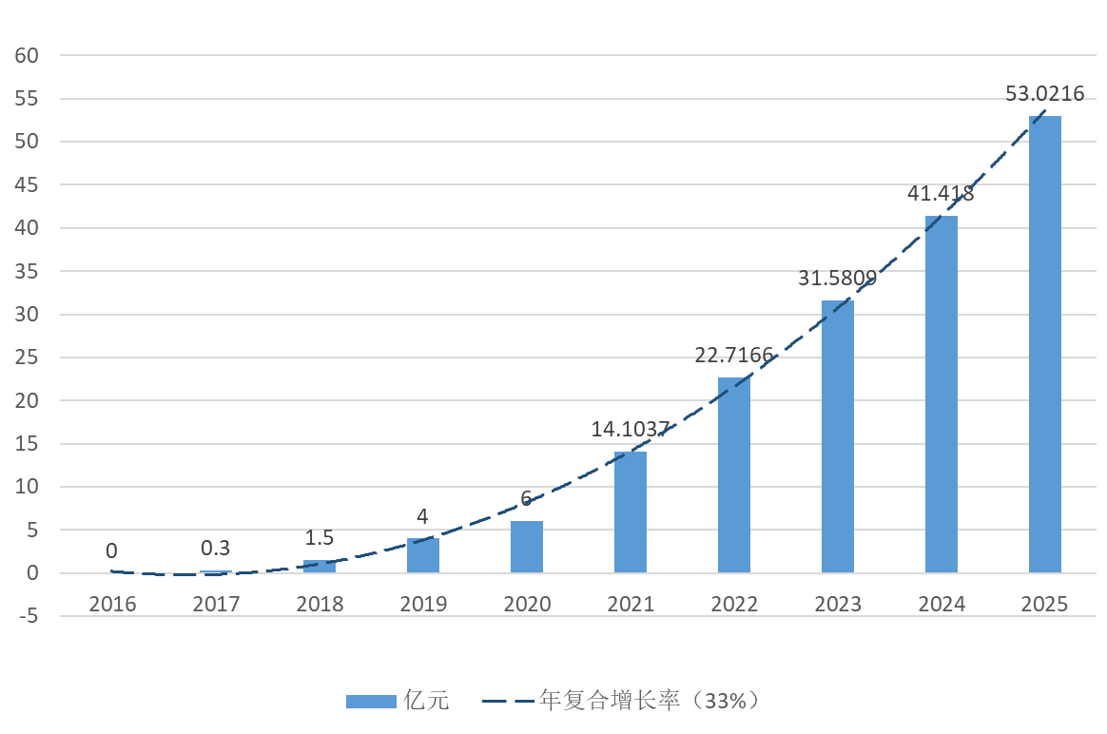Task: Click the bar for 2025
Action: point(1044,344)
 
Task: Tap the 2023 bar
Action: point(837,436)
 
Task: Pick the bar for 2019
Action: point(422,555)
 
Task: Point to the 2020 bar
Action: point(526,547)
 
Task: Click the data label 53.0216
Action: point(1044,93)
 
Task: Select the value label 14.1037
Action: point(630,429)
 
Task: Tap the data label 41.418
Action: point(940,194)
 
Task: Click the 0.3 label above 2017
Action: point(215,549)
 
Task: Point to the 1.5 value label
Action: point(319,538)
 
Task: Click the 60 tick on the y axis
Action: point(27,55)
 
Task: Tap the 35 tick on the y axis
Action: point(27,271)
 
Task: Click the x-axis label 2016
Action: point(112,605)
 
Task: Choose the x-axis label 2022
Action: point(733,605)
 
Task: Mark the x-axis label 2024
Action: point(941,605)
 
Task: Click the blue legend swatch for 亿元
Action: point(370,702)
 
